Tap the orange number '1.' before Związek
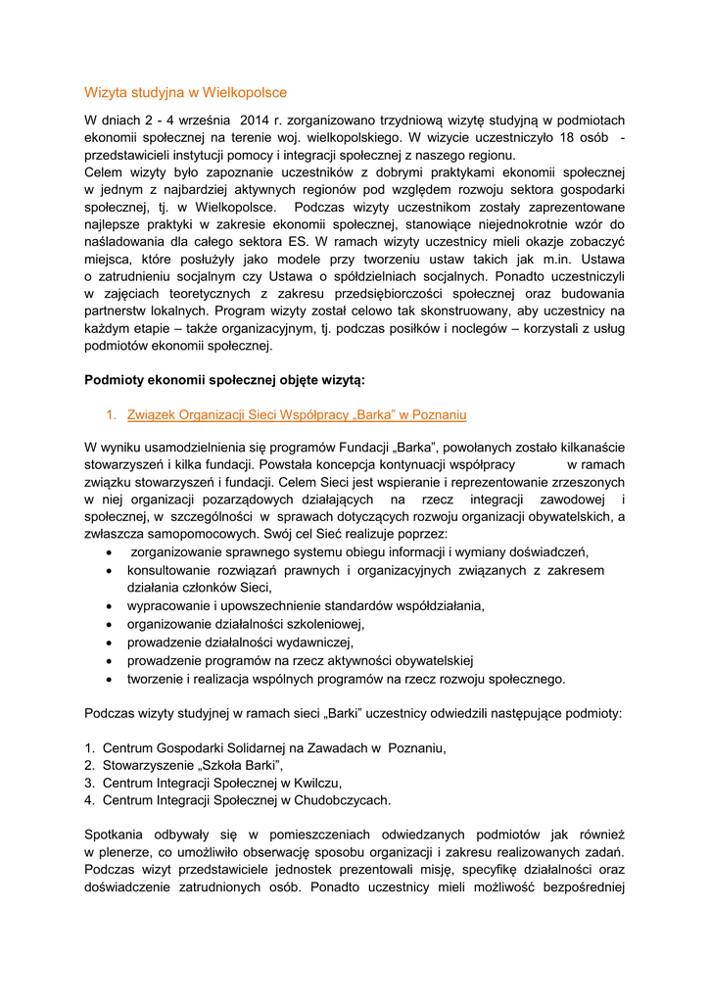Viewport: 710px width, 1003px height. tap(112, 414)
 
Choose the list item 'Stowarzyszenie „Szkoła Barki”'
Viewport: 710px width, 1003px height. tap(192, 766)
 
